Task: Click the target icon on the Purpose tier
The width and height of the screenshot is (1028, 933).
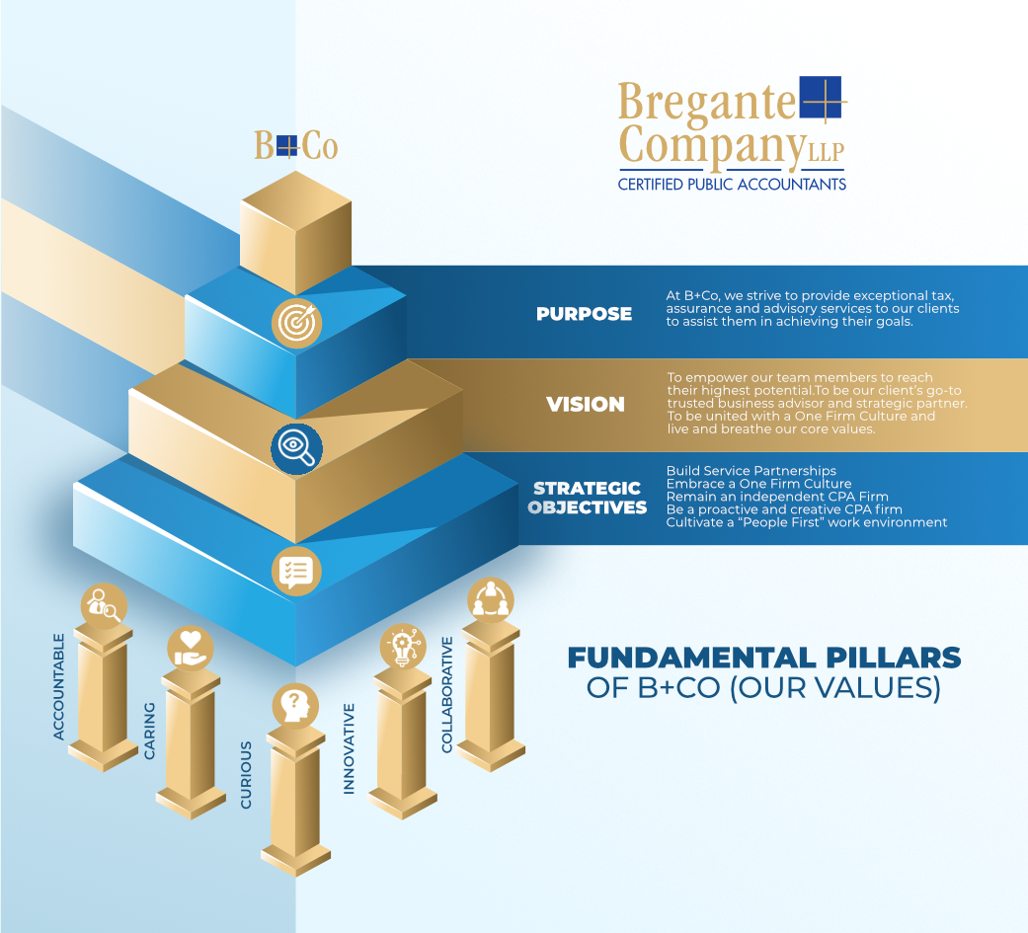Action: [297, 323]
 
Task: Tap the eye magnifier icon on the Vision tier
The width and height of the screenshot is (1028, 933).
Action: [297, 449]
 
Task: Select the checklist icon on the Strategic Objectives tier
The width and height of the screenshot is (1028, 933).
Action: [296, 571]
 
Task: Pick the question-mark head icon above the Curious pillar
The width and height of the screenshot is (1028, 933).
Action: [295, 706]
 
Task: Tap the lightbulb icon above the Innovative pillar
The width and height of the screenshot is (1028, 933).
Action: [403, 646]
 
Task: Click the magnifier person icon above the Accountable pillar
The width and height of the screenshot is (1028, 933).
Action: [105, 606]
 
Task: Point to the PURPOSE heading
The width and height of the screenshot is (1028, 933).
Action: [585, 314]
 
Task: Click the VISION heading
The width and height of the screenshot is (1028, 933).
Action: [586, 405]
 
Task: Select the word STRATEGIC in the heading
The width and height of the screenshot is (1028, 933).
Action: [587, 489]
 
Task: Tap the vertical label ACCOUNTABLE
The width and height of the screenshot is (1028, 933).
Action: [59, 686]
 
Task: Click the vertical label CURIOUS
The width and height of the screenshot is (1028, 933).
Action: [246, 775]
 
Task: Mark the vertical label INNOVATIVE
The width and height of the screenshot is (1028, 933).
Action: [349, 748]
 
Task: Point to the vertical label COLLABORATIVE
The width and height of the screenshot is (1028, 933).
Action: [447, 694]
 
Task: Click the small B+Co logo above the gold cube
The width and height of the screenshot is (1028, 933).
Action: [296, 145]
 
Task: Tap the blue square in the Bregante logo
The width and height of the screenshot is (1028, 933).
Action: [821, 98]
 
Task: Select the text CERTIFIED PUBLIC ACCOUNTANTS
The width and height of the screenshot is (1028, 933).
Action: [732, 185]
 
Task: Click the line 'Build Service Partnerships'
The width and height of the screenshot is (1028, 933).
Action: [751, 471]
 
